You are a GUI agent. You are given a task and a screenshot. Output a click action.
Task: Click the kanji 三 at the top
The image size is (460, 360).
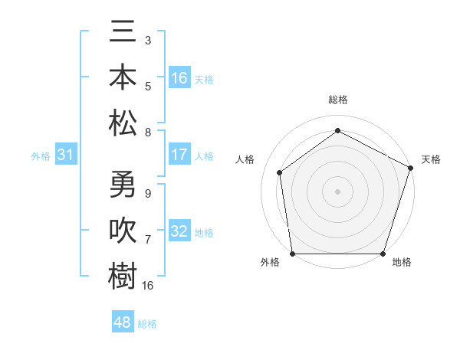(x=123, y=33)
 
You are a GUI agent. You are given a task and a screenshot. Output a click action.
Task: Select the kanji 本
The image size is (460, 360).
(x=123, y=77)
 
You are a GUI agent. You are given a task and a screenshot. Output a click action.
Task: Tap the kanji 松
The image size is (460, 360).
(x=123, y=122)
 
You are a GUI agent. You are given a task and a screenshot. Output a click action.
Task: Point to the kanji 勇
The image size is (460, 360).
(x=123, y=185)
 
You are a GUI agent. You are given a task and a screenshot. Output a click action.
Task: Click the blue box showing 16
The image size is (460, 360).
(x=179, y=77)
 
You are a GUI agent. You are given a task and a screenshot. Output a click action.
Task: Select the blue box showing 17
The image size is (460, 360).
(x=179, y=155)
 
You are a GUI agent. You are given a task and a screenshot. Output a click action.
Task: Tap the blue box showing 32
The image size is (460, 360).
(x=179, y=231)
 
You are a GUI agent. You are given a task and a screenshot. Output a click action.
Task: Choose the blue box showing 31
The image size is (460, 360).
(x=66, y=155)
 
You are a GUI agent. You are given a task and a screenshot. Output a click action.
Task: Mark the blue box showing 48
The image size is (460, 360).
(x=123, y=322)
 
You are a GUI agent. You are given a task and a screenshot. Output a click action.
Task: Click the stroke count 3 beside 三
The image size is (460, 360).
(x=147, y=39)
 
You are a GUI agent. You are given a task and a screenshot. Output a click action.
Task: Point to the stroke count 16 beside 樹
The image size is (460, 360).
(x=148, y=286)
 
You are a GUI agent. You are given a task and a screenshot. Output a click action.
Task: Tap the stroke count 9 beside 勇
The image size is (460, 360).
(x=147, y=194)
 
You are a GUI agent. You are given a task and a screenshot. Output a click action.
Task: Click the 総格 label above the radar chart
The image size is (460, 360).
(x=337, y=100)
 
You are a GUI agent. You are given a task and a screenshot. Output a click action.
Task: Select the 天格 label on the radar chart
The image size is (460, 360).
(x=431, y=159)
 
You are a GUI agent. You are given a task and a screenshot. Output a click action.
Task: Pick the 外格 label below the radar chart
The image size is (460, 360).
(x=270, y=262)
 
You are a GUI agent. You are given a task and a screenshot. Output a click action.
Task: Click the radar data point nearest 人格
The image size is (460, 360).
(x=280, y=172)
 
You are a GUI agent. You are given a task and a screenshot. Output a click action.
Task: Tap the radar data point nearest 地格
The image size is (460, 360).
(x=383, y=254)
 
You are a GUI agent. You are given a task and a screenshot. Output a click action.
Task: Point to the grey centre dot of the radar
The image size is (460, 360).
(x=337, y=191)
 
